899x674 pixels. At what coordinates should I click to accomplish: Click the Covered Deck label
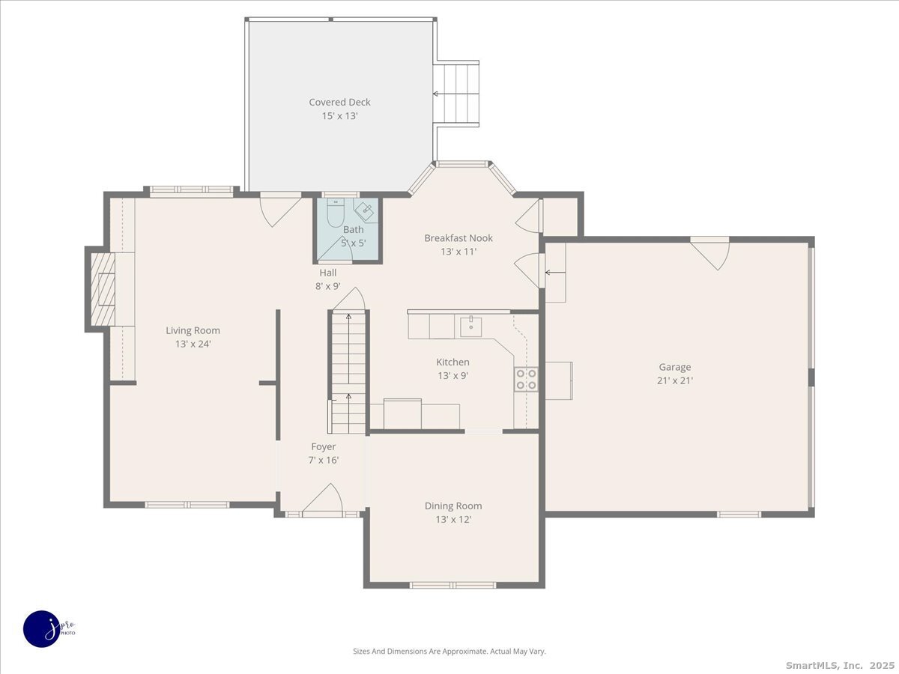(x=339, y=102)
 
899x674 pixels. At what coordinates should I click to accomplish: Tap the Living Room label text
(x=193, y=330)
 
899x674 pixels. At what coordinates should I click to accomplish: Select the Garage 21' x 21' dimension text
(x=675, y=380)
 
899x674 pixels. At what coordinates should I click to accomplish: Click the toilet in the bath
(x=336, y=212)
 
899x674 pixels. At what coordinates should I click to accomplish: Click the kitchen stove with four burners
(x=527, y=380)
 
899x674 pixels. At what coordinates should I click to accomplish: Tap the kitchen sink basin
(x=471, y=327)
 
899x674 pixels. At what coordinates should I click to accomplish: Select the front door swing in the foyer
(x=322, y=498)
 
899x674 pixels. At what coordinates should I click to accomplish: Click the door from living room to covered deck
(x=281, y=209)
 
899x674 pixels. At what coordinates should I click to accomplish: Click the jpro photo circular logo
(x=42, y=629)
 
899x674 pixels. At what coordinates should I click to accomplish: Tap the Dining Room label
(x=453, y=506)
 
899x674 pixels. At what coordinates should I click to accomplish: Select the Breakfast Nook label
(x=458, y=237)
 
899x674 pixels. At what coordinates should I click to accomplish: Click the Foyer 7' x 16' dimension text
(x=324, y=461)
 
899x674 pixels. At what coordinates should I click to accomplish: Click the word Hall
(x=328, y=273)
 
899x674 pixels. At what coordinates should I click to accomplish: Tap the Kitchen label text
(x=452, y=362)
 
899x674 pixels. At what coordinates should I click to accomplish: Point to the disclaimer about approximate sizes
(x=449, y=651)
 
